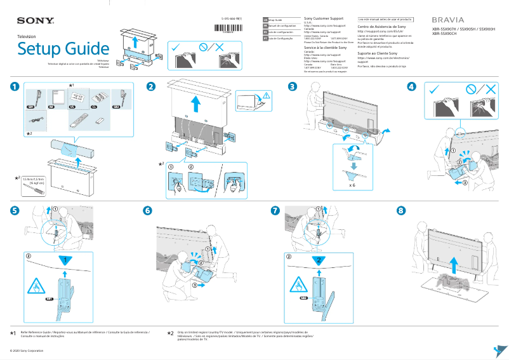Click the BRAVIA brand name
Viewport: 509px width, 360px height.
[x=447, y=20]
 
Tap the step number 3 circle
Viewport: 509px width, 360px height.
[x=292, y=87]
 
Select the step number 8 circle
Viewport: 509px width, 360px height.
[x=400, y=210]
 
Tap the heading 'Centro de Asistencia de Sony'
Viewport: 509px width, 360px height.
[x=381, y=28]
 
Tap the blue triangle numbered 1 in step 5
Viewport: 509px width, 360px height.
[x=64, y=260]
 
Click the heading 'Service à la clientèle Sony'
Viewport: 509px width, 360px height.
[x=326, y=48]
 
